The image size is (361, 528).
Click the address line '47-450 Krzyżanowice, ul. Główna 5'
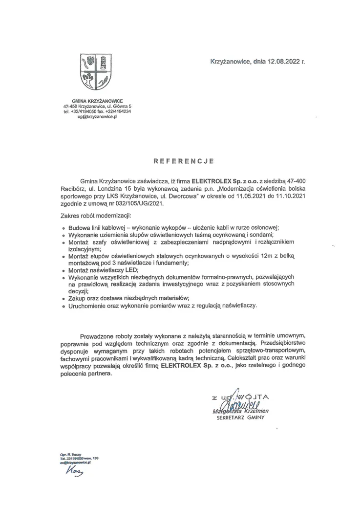click(x=97, y=106)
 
